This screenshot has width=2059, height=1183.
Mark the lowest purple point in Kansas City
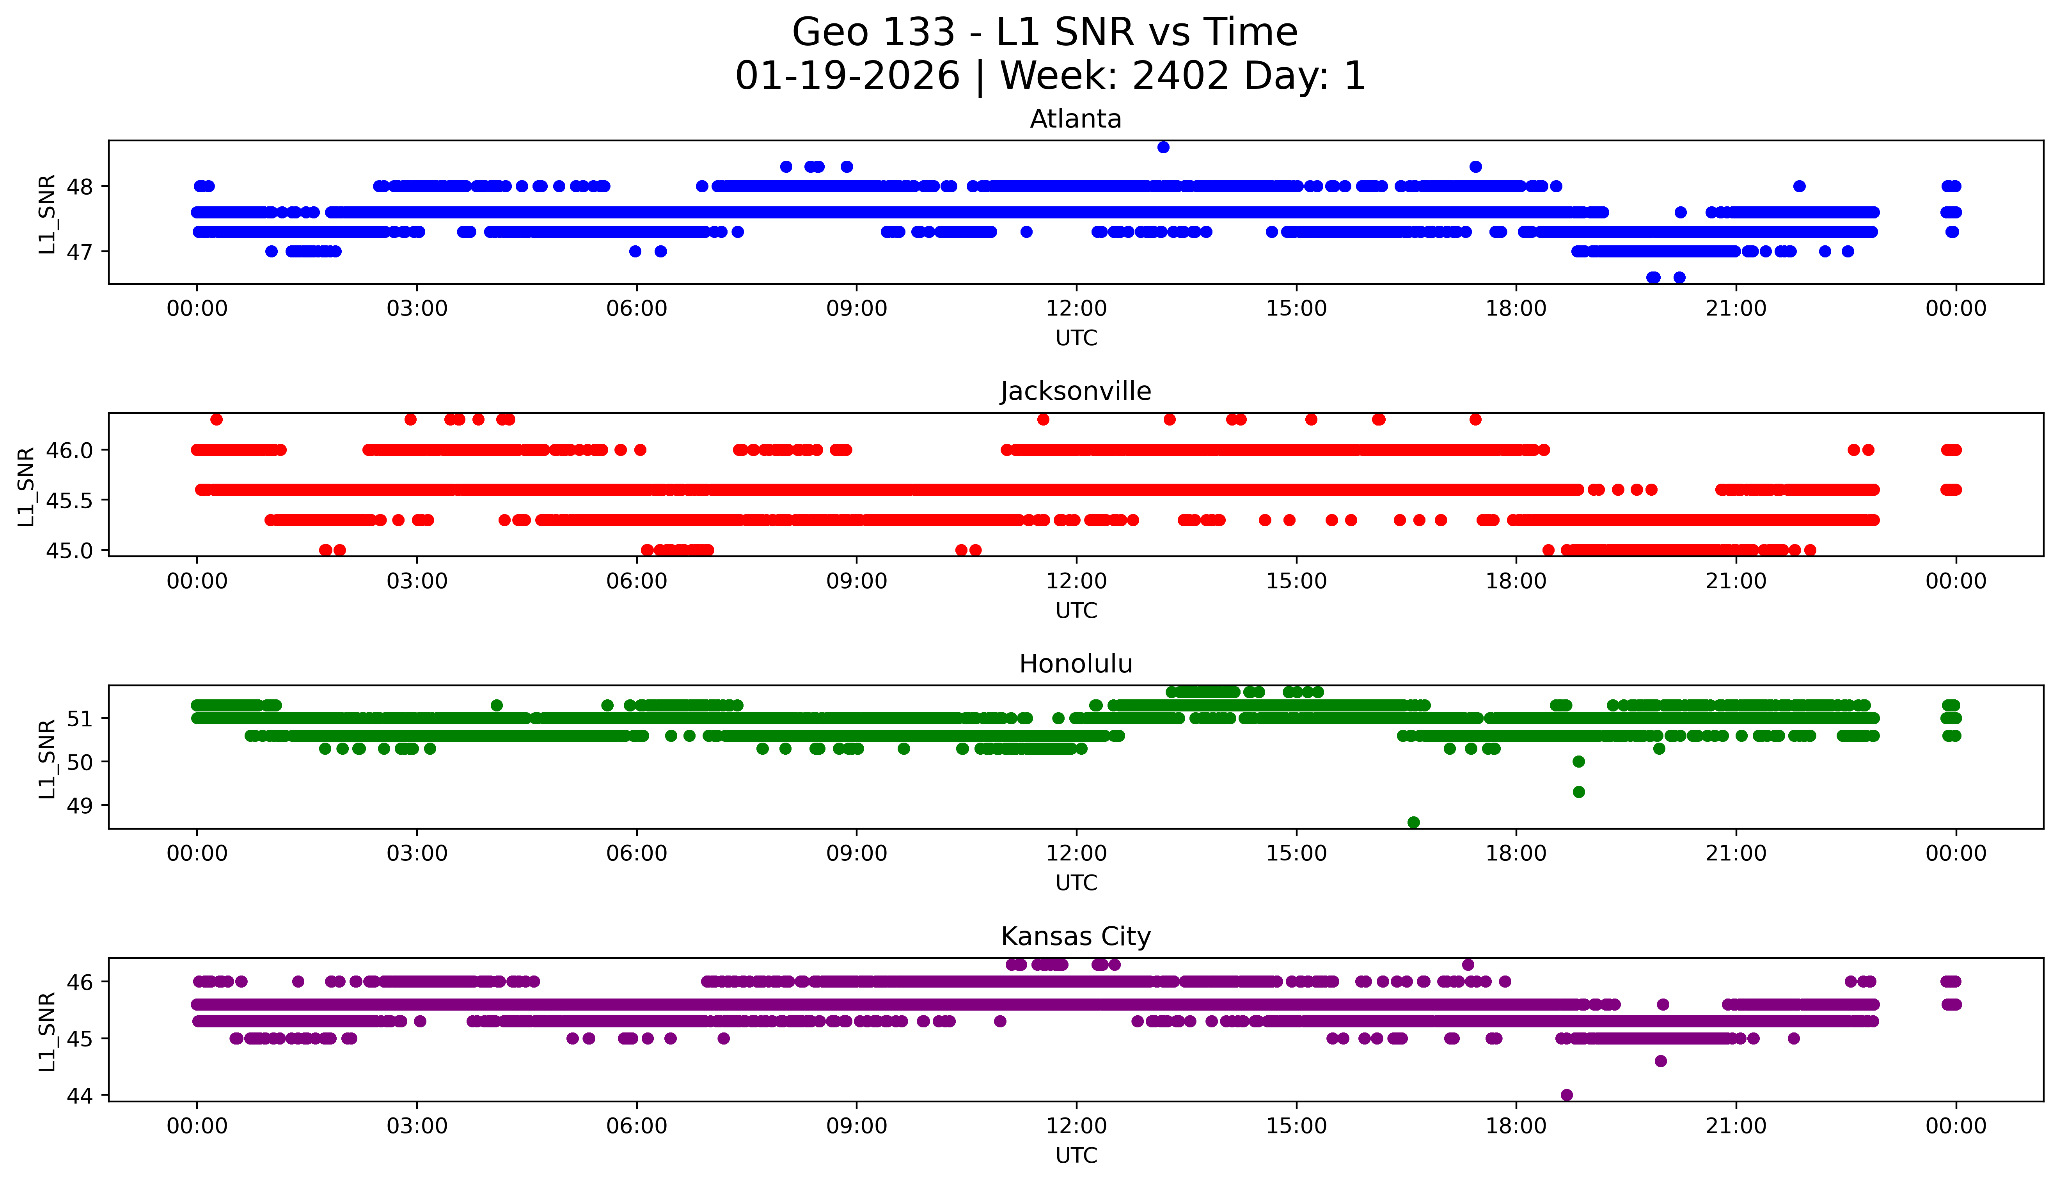pyautogui.click(x=1567, y=1094)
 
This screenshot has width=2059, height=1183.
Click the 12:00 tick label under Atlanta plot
pyautogui.click(x=1076, y=309)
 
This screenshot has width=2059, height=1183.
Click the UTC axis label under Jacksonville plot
pyautogui.click(x=1076, y=610)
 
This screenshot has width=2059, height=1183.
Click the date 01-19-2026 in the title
pyautogui.click(x=847, y=76)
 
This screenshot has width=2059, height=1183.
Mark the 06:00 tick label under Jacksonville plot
pyautogui.click(x=636, y=581)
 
